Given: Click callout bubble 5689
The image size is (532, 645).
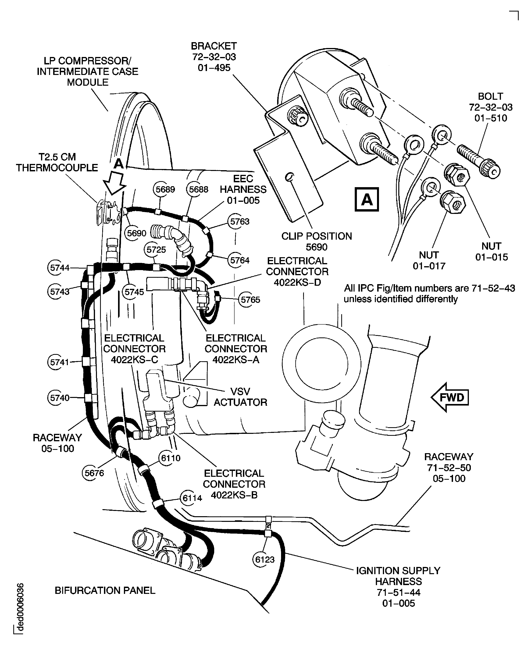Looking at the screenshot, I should click(165, 189).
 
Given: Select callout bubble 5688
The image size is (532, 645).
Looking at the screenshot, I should click(199, 189).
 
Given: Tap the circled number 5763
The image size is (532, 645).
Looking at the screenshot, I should click(240, 222).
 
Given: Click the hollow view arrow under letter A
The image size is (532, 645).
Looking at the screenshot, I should click(114, 184).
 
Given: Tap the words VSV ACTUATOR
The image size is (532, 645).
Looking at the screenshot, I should click(240, 397).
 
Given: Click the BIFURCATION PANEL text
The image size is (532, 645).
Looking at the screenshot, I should click(105, 590).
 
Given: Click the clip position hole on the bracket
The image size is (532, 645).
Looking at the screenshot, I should click(289, 177).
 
